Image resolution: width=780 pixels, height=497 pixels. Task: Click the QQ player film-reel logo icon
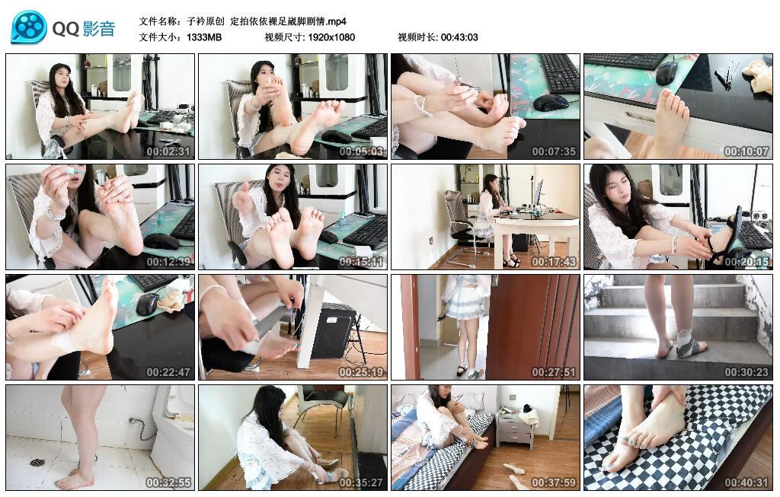pos(29,27)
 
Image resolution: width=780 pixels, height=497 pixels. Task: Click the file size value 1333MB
pos(204,37)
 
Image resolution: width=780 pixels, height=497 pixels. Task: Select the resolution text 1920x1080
pos(331,37)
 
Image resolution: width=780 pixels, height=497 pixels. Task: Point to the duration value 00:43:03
pos(459,37)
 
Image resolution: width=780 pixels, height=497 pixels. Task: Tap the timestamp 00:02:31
pos(168,151)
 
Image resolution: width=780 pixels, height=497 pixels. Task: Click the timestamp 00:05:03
pos(361,151)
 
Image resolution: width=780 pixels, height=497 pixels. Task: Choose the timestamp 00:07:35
pos(554,151)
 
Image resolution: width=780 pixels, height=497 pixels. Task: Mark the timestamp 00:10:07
pos(746,151)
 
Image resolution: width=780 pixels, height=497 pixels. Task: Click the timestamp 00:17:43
pos(554,261)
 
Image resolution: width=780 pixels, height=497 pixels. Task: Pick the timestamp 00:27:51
pos(554,371)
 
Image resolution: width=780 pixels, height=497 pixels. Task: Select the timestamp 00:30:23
pos(746,371)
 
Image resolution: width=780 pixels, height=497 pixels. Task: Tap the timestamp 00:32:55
pos(168,482)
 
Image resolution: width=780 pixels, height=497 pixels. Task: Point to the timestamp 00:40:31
pos(746,482)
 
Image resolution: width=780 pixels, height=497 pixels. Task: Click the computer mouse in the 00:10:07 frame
pos(667,74)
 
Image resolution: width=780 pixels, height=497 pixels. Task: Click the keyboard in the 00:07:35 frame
pos(559,72)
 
